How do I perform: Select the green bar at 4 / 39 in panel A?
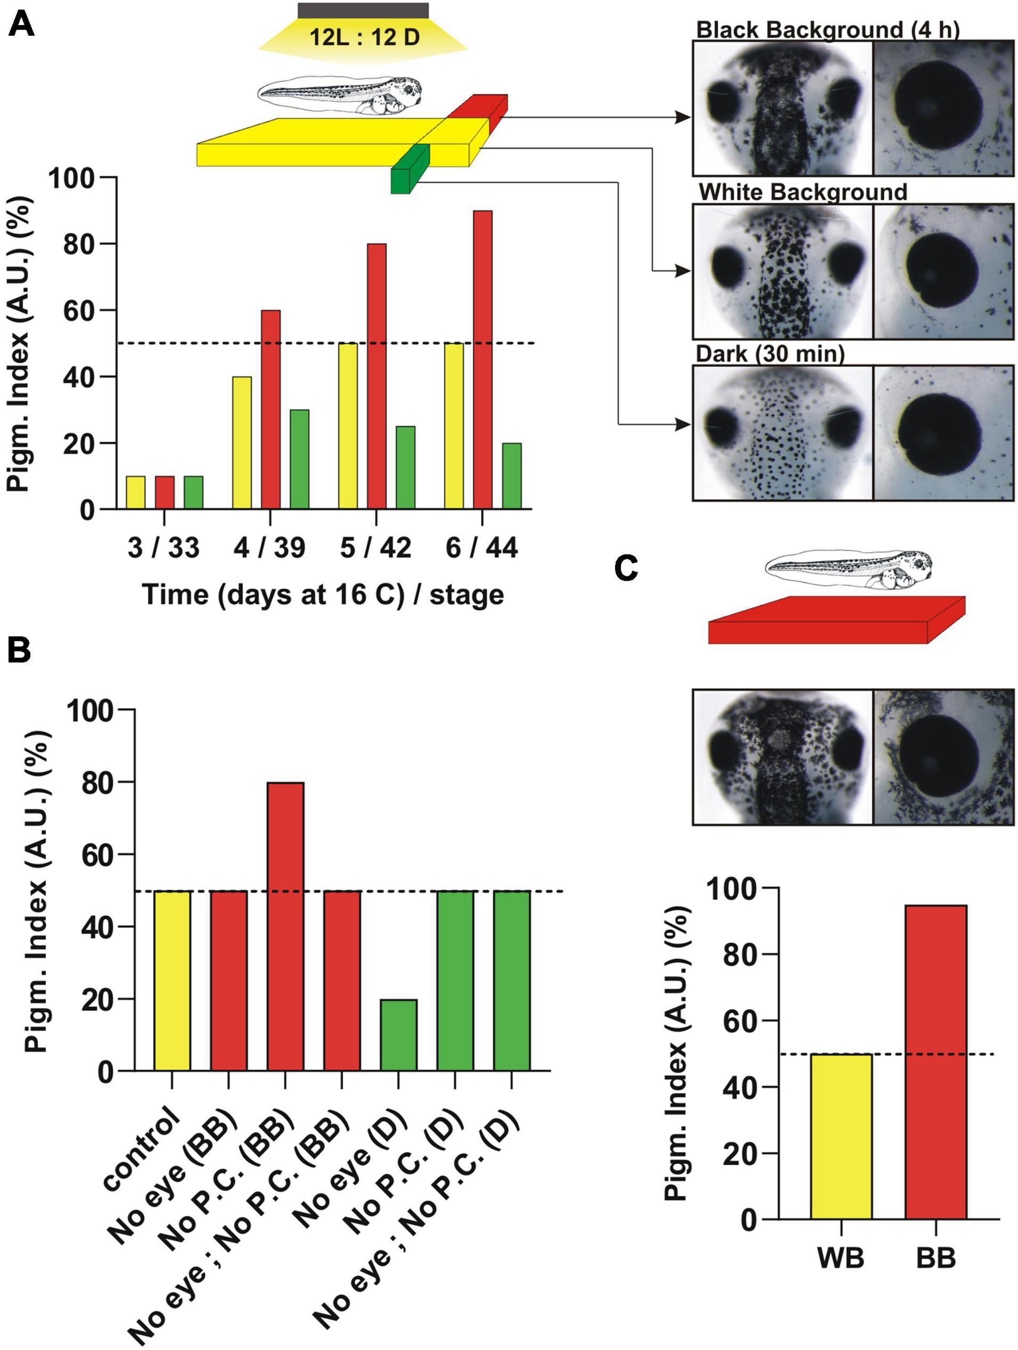coord(299,459)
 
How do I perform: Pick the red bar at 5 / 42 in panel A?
coord(376,376)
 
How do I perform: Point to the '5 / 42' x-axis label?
coord(375,548)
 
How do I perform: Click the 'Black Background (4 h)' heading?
coord(827,30)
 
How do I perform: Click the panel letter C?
coord(626,568)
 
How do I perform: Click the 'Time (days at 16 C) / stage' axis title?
coord(323,594)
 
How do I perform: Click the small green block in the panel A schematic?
coord(409,169)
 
